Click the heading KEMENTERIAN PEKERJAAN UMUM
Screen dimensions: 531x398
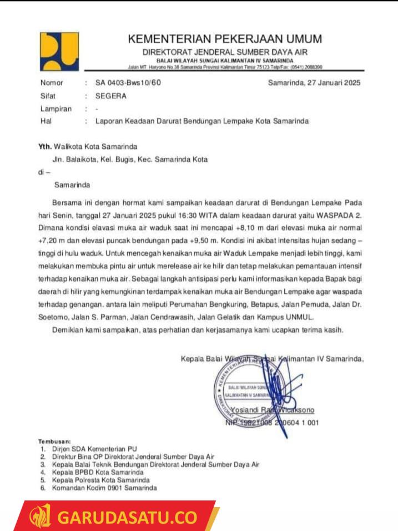click(225, 39)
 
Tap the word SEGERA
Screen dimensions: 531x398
click(111, 96)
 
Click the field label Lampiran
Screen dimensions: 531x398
click(56, 109)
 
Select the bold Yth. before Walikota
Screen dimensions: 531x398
click(44, 147)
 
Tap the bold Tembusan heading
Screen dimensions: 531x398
click(54, 442)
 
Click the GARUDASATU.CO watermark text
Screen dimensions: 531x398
click(127, 518)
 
